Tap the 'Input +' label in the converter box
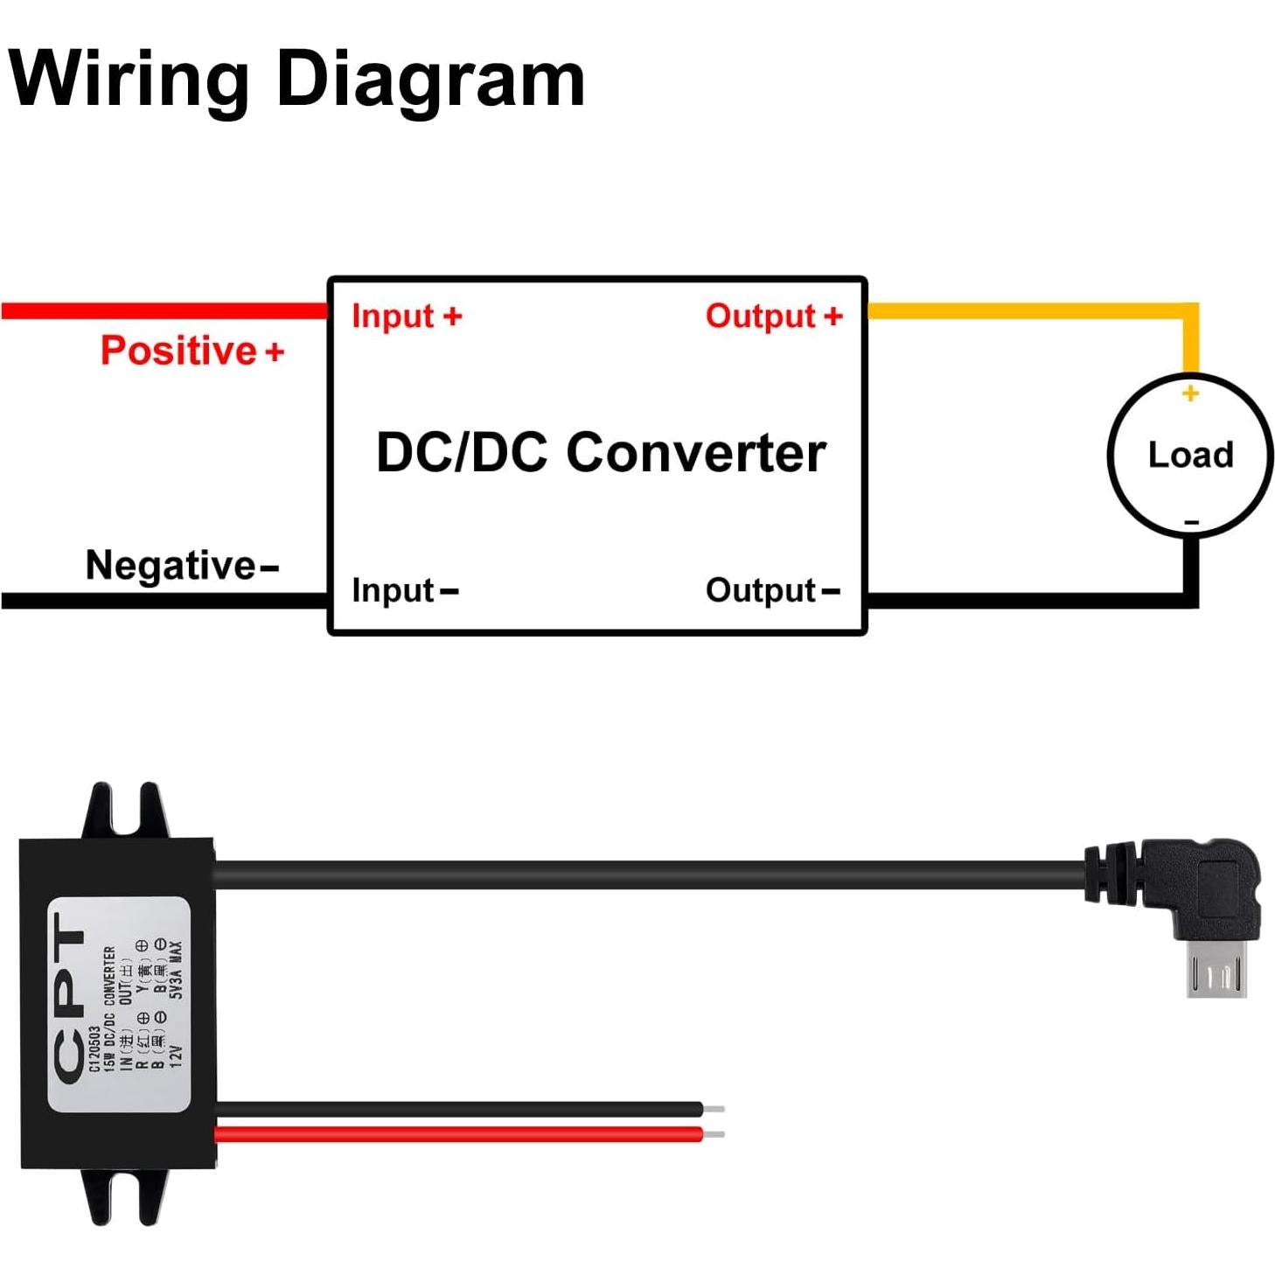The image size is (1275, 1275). click(x=407, y=317)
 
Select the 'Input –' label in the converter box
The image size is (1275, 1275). click(x=404, y=591)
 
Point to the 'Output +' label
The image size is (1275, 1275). click(x=774, y=317)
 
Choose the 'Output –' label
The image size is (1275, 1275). click(x=772, y=591)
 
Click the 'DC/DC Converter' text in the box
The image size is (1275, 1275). click(x=601, y=453)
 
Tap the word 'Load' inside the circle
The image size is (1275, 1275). click(x=1190, y=455)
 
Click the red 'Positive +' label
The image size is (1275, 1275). click(x=192, y=351)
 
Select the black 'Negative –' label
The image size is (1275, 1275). click(x=182, y=566)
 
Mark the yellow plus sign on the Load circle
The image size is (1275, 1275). click(x=1190, y=394)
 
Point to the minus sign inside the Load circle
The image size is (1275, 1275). click(x=1192, y=523)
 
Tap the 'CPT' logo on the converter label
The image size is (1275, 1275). click(x=70, y=997)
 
